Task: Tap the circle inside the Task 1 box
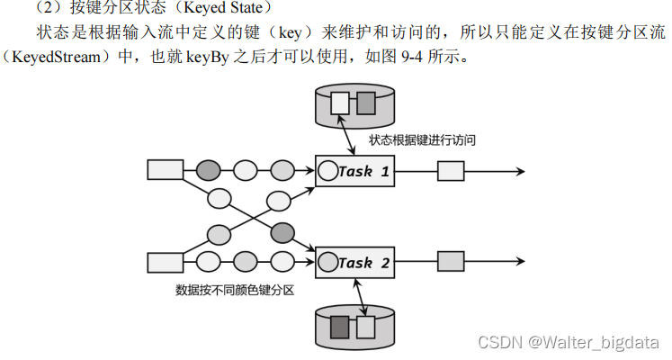click(x=327, y=170)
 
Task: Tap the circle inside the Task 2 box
click(x=327, y=263)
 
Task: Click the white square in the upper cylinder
click(x=339, y=103)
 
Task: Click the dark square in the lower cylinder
click(x=339, y=325)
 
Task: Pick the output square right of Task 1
click(x=450, y=170)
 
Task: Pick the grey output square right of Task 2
click(x=450, y=262)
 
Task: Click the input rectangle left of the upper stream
click(x=165, y=169)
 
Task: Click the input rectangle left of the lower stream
click(x=165, y=262)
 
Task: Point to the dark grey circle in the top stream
click(x=209, y=169)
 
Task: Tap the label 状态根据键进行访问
click(x=422, y=140)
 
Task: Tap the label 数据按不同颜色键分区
click(x=236, y=291)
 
